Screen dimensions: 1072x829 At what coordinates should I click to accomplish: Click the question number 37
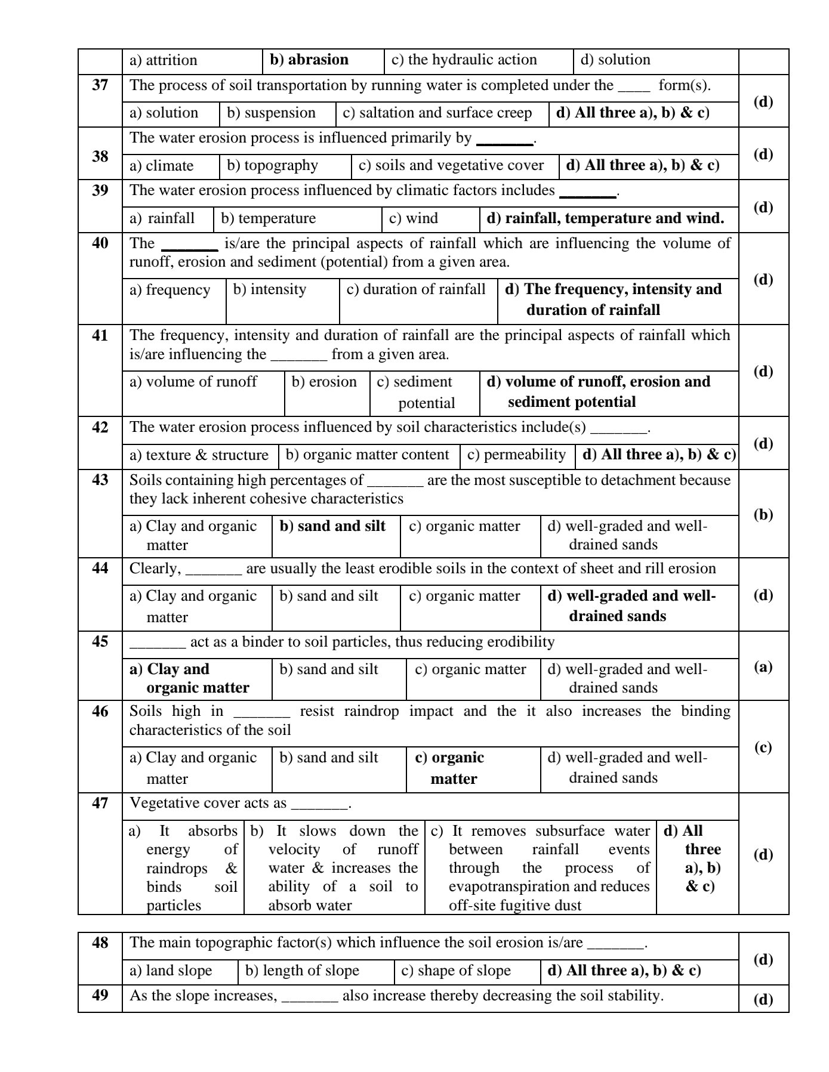coord(100,85)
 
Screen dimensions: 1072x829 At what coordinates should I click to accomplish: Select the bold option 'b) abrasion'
coord(309,60)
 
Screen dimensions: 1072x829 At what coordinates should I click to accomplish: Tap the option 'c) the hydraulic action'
coord(464,60)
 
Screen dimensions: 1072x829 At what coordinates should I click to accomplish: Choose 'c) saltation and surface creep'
coord(437,113)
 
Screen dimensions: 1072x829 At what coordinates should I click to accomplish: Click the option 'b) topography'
coord(272,165)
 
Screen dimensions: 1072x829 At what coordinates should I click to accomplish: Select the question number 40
coord(100,243)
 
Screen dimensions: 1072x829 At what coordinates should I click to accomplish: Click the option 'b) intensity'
coord(269,289)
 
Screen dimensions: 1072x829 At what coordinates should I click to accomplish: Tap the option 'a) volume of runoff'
coord(193,382)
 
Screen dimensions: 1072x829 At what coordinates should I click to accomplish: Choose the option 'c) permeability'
coord(516,455)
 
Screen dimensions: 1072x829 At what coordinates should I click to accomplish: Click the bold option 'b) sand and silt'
coord(332,526)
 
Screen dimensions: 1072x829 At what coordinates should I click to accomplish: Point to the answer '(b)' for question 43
coord(763,514)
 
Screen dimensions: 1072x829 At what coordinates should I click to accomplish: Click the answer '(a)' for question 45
coord(763,666)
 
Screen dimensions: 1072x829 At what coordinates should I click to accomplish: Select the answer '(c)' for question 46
coord(763,747)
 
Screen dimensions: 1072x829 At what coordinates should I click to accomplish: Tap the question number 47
coord(100,803)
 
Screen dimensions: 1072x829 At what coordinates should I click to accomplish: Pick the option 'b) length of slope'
coord(302,971)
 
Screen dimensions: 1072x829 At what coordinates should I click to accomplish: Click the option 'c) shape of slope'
coord(456,971)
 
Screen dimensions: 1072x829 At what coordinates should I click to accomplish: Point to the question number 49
coord(100,995)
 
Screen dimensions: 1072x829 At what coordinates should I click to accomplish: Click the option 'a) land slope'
coord(171,971)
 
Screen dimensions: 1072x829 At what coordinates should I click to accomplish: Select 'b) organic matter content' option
coord(367,455)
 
